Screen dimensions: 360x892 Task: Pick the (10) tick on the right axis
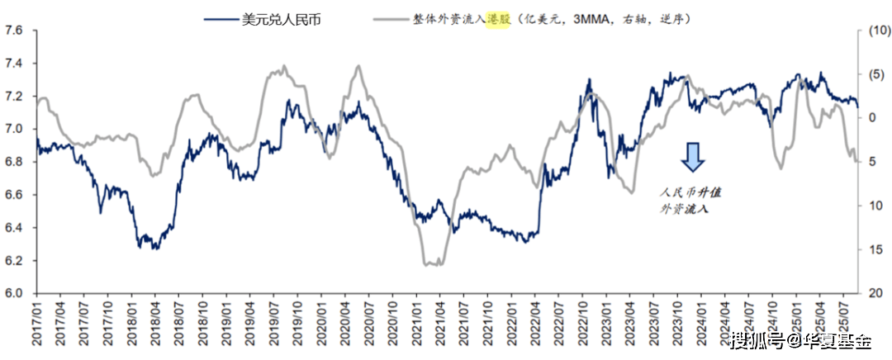(874, 31)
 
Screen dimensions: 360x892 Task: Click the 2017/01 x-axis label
(36, 324)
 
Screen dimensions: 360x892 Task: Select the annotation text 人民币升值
(690, 192)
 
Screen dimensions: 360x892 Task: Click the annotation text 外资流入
(684, 210)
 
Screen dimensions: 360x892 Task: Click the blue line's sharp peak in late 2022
(589, 80)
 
